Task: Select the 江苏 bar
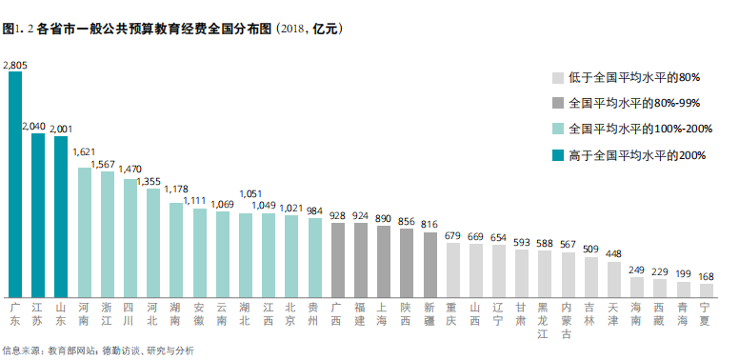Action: tap(38, 214)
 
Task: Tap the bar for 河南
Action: tap(85, 229)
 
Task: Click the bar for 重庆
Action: tap(453, 270)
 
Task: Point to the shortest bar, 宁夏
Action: tap(706, 290)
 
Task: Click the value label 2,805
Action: tap(15, 65)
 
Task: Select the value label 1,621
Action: tap(85, 151)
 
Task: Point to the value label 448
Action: tap(613, 253)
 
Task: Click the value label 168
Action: tap(706, 275)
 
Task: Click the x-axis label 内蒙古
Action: tap(568, 320)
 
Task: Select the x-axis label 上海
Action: tap(384, 315)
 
